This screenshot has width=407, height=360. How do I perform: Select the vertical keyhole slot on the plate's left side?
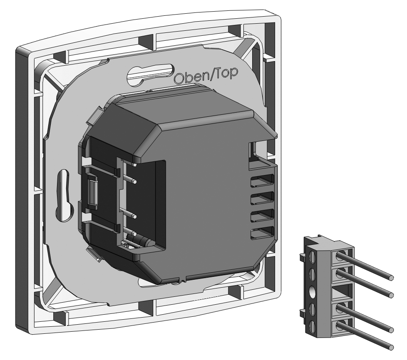click(64, 196)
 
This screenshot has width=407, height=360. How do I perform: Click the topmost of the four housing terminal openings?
click(262, 180)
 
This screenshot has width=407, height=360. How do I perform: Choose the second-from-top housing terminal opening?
click(262, 197)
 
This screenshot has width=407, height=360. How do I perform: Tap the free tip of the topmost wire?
click(391, 278)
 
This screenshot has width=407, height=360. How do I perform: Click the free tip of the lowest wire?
click(391, 347)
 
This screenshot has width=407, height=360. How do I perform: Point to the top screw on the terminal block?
click(312, 256)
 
